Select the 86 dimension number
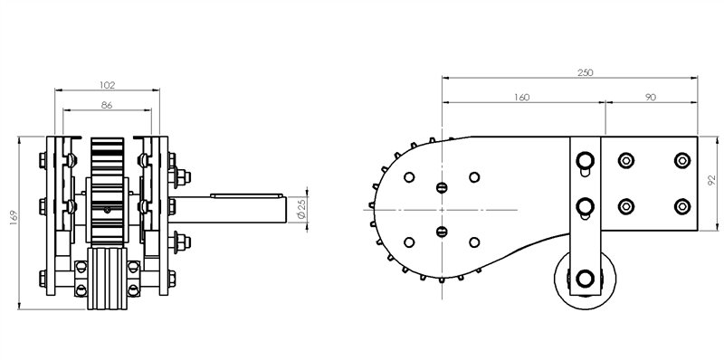(107, 106)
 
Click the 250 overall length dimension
(586, 72)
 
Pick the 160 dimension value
(521, 97)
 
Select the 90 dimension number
(651, 97)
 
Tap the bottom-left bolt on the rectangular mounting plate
(625, 207)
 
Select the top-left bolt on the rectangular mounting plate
(625, 161)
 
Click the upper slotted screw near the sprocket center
(442, 187)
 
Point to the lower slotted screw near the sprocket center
(442, 230)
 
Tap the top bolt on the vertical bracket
(585, 161)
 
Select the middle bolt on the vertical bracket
(585, 207)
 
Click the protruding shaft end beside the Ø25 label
(244, 208)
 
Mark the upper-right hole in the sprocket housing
(473, 176)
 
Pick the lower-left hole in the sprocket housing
(410, 242)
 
